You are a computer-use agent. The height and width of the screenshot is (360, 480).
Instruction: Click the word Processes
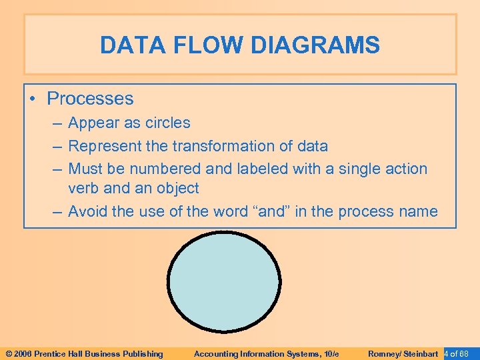coord(90,99)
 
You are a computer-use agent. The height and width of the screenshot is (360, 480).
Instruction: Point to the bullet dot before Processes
coord(34,99)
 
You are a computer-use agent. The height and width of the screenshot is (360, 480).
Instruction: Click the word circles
coord(167,123)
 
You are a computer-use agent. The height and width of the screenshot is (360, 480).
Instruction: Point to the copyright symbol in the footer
coord(9,353)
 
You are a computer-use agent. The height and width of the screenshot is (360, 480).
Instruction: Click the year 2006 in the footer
coord(23,353)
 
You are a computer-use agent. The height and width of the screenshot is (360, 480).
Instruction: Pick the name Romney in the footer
coord(383,353)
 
